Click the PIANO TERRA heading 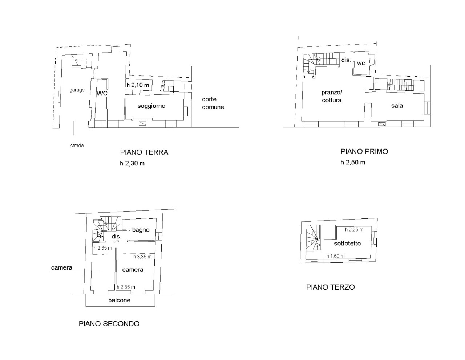pos(144,152)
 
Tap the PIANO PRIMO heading pos(364,152)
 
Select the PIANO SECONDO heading pos(109,324)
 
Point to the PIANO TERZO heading pos(330,287)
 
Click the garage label pos(77,90)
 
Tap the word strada pos(77,146)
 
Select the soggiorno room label pos(151,106)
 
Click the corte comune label pos(213,103)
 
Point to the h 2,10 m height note pos(138,85)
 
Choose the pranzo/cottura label pos(332,96)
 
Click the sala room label pos(397,106)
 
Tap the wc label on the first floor pos(361,63)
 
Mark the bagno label pos(141,230)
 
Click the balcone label pos(119,300)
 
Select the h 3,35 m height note pos(142,257)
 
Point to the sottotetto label pos(347,243)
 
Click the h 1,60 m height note pos(335,256)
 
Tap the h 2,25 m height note pos(354,230)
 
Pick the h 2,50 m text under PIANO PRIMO pos(353,163)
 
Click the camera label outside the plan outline pos(62,268)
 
